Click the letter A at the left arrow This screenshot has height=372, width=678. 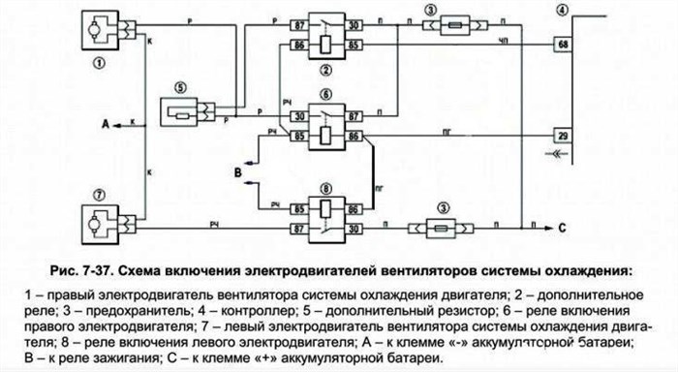(104, 124)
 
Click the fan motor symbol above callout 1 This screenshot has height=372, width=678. (99, 27)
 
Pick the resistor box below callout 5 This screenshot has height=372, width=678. (181, 115)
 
